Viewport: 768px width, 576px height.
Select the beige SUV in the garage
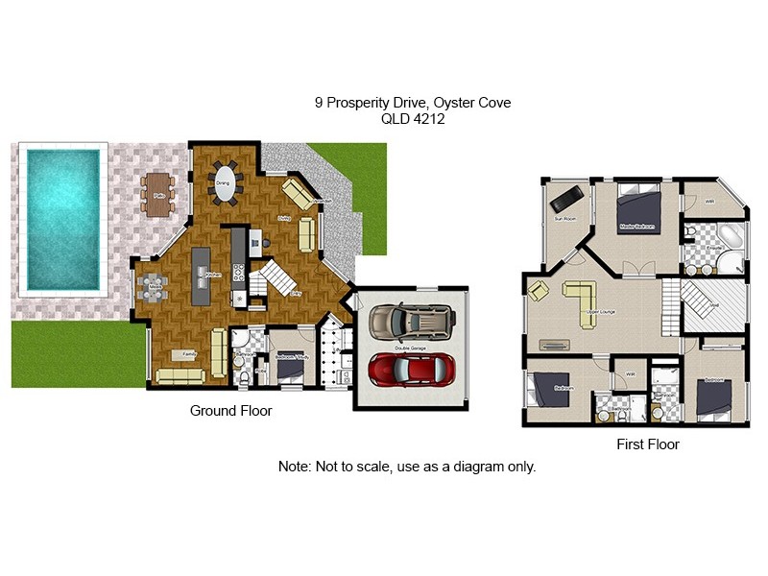tap(410, 322)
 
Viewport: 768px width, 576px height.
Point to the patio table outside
tap(157, 192)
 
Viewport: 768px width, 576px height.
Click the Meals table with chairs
tap(153, 286)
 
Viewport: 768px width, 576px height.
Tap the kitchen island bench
tap(201, 276)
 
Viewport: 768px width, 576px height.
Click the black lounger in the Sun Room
tap(564, 198)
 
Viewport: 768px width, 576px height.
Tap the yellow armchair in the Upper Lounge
tap(539, 291)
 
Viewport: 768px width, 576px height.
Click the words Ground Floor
tap(230, 411)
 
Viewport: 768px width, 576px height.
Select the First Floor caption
tap(647, 444)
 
